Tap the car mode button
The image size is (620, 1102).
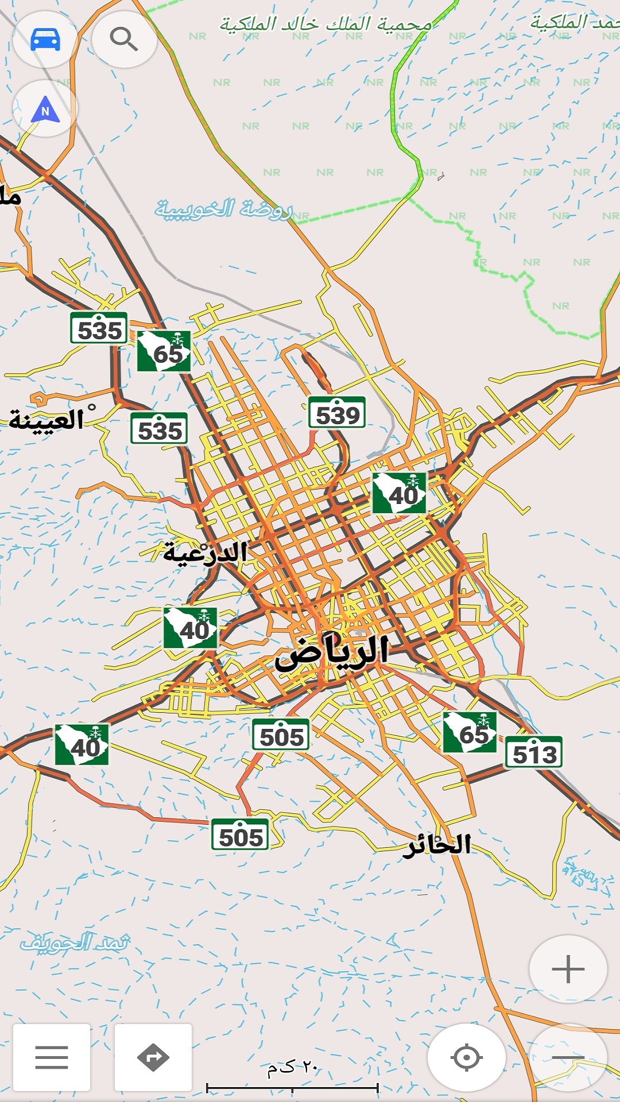pos(45,40)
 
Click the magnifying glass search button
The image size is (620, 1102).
pos(124,40)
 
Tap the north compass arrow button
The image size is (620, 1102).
pos(45,109)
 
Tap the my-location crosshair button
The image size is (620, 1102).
pos(466,1057)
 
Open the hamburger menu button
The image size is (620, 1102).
pos(52,1057)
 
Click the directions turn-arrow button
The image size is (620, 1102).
pos(153,1057)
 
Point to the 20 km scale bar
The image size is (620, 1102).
pos(292,1087)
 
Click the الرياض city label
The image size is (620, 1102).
pos(332,653)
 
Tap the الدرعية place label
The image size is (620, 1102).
pos(205,553)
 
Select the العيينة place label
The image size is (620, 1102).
pos(47,420)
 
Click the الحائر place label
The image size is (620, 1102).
pos(437,845)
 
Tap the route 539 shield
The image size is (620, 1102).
pos(337,414)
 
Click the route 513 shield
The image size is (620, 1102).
pos(534,753)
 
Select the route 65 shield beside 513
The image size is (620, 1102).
pos(470,733)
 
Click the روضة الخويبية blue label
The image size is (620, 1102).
pos(224,209)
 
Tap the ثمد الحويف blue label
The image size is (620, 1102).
pos(75,942)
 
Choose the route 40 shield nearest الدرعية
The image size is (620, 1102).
pos(191,628)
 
